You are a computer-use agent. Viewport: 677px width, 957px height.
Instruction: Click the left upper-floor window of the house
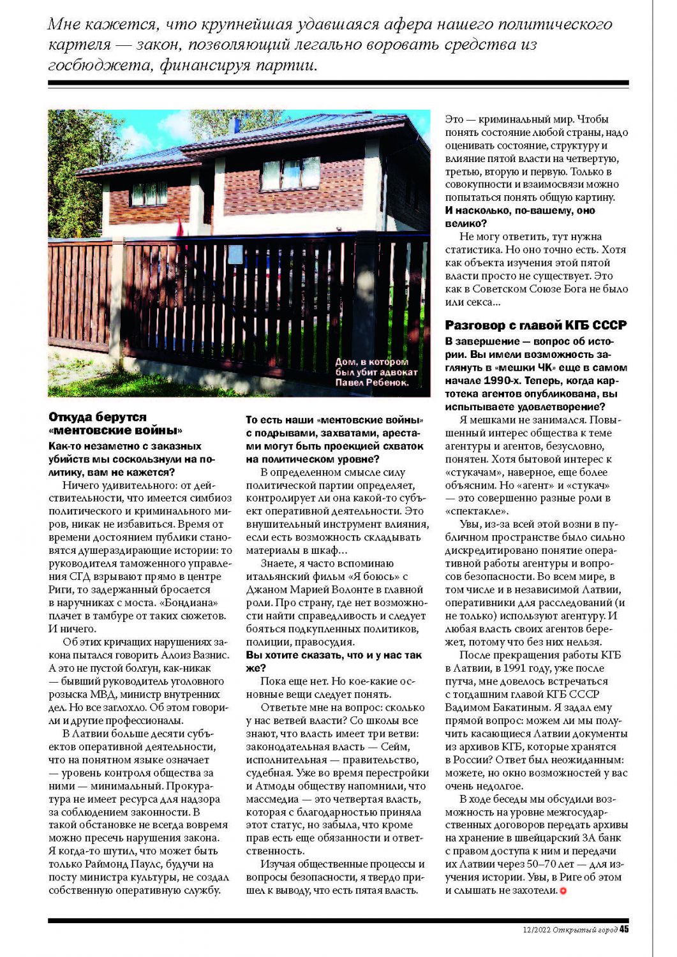(149, 193)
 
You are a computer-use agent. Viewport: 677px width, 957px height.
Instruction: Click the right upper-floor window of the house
(281, 174)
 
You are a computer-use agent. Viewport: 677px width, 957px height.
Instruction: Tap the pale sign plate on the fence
(235, 254)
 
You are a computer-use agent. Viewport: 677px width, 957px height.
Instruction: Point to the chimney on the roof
(234, 124)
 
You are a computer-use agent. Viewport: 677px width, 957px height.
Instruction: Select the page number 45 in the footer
(624, 929)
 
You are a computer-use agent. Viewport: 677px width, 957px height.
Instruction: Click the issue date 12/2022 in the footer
(533, 930)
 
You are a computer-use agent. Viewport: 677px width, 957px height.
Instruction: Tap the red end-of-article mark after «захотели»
(563, 891)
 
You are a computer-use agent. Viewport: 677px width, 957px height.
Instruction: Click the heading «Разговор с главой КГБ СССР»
(536, 325)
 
